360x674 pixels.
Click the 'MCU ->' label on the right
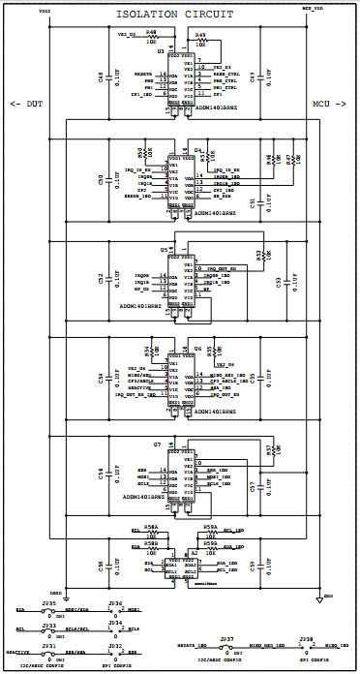pos(330,104)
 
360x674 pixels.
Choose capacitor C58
pos(101,565)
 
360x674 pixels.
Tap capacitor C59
pos(252,565)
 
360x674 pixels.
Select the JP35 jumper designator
pos(48,603)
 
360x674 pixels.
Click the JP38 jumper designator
pos(306,640)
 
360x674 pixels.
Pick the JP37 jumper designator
pos(226,640)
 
